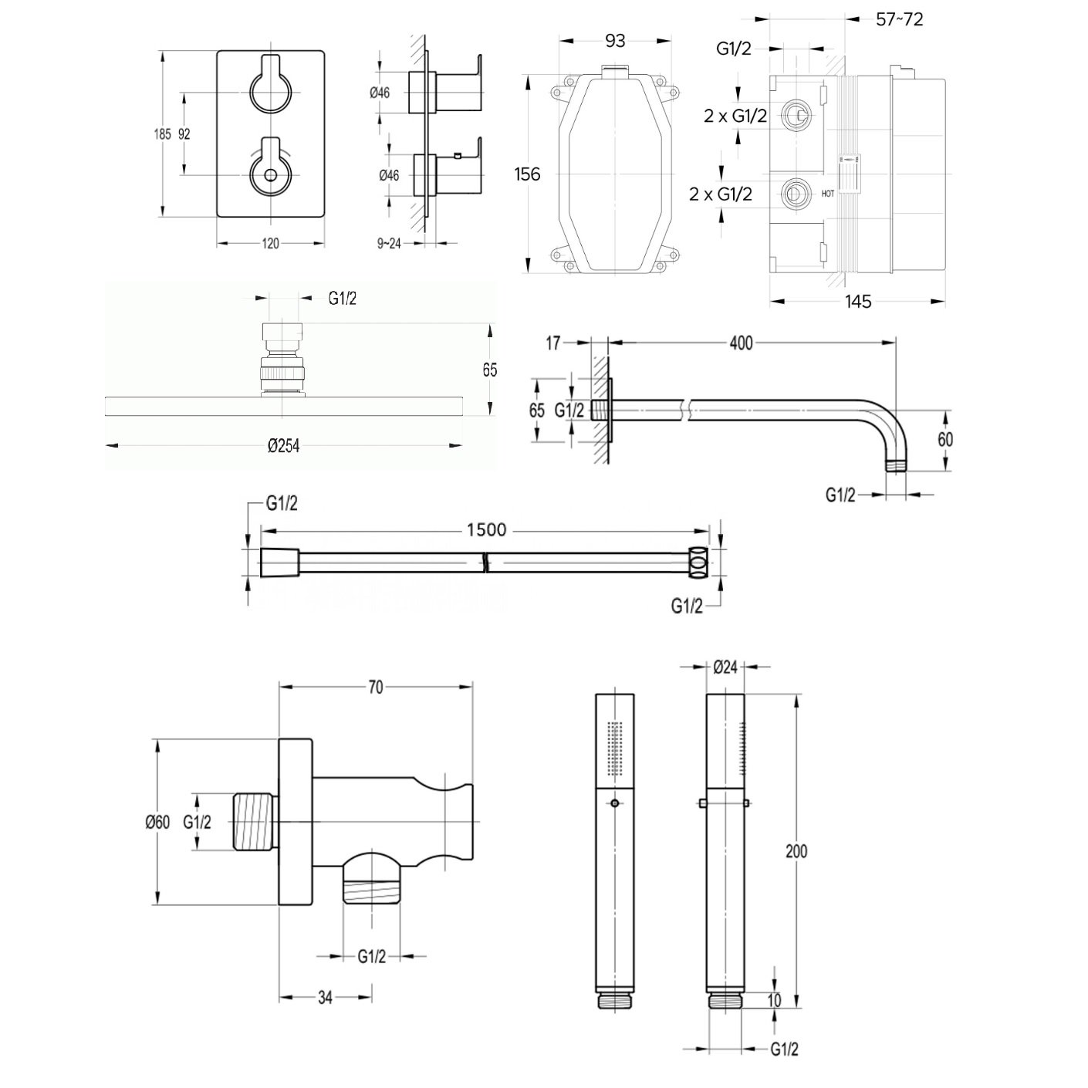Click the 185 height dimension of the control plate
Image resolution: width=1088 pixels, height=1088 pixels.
pyautogui.click(x=161, y=133)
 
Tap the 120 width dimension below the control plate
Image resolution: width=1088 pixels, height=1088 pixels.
pyautogui.click(x=270, y=244)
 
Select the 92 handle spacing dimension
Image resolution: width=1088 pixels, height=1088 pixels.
pyautogui.click(x=184, y=133)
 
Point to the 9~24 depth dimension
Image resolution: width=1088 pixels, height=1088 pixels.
pyautogui.click(x=390, y=244)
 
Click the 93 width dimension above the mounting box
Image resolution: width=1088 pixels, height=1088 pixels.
pyautogui.click(x=614, y=41)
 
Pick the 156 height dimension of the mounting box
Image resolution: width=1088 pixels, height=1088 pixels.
pyautogui.click(x=527, y=174)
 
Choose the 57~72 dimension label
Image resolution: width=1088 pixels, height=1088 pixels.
pyautogui.click(x=900, y=19)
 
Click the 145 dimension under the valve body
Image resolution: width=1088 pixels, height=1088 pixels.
pyautogui.click(x=857, y=302)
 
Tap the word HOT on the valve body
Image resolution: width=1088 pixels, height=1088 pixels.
pyautogui.click(x=828, y=194)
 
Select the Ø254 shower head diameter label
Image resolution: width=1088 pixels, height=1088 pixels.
pyautogui.click(x=283, y=446)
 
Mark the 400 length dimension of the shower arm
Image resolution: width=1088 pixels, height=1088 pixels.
pyautogui.click(x=740, y=343)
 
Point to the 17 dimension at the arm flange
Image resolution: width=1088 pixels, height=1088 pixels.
pyautogui.click(x=553, y=343)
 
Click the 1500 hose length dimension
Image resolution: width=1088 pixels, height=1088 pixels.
pyautogui.click(x=486, y=529)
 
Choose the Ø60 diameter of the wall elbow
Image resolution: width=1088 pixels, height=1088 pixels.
pyautogui.click(x=157, y=823)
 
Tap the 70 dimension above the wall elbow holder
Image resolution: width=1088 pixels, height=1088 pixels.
pyautogui.click(x=375, y=688)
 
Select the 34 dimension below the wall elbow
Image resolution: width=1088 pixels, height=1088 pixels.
pyautogui.click(x=325, y=998)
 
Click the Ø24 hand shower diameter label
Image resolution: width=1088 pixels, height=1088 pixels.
pyautogui.click(x=726, y=667)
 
